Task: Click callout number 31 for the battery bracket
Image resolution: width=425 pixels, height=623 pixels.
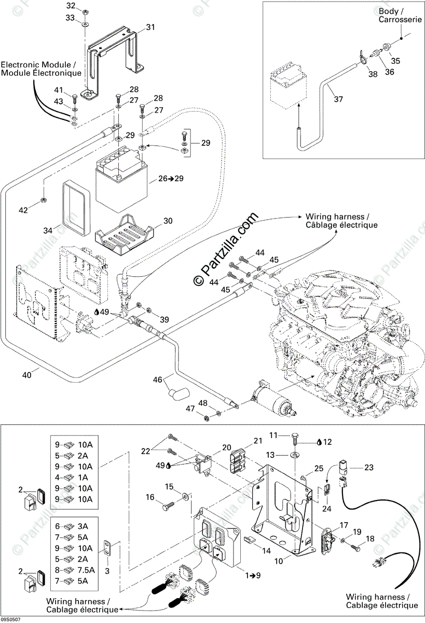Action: pos(150,27)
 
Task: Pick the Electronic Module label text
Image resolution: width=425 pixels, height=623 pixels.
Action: pos(41,69)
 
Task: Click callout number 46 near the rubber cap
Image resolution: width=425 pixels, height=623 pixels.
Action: pos(158,381)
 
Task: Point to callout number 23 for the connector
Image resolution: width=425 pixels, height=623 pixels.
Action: pos(368,467)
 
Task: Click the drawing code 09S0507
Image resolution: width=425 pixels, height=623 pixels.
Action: pos(11,619)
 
